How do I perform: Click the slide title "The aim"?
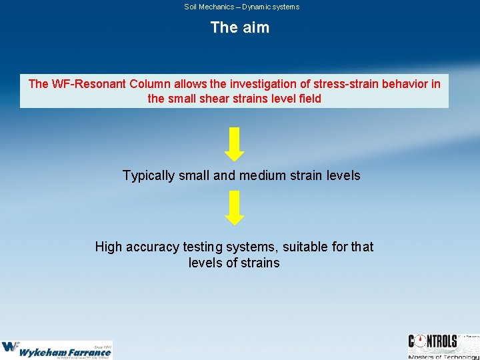pyautogui.click(x=239, y=27)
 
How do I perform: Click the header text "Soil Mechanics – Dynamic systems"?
pyautogui.click(x=241, y=7)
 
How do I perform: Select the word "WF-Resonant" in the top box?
pyautogui.click(x=88, y=84)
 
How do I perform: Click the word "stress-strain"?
pyautogui.click(x=333, y=84)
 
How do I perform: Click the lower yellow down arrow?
pyautogui.click(x=234, y=207)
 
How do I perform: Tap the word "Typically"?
pyautogui.click(x=149, y=176)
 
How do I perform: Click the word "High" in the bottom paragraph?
pyautogui.click(x=109, y=247)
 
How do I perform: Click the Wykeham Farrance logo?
pyautogui.click(x=57, y=349)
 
